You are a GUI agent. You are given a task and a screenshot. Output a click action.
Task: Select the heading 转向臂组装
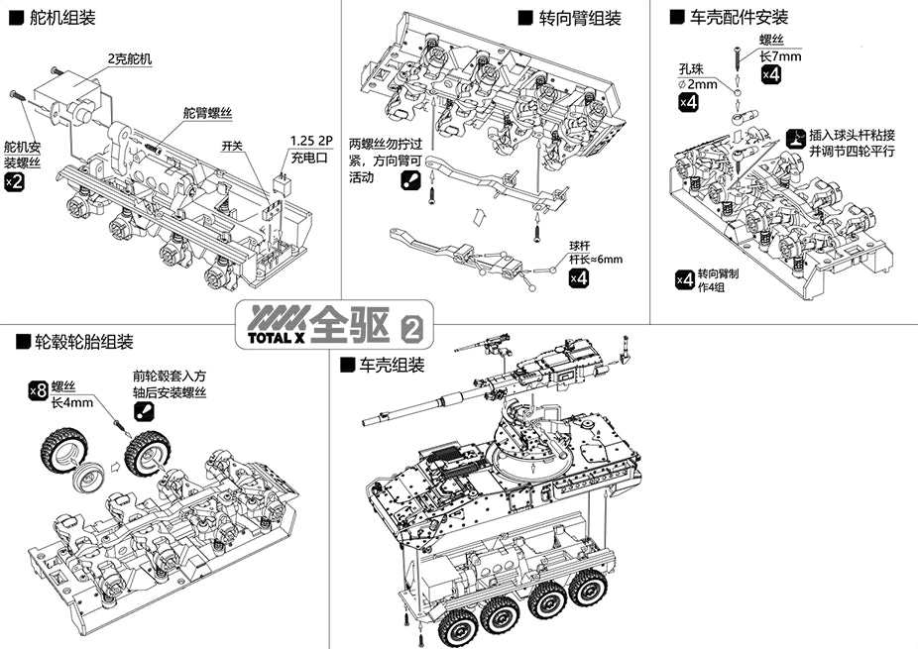pyautogui.click(x=579, y=18)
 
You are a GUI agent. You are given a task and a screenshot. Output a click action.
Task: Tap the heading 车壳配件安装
pyautogui.click(x=738, y=17)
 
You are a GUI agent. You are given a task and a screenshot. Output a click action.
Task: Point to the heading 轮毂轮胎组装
pyautogui.click(x=83, y=342)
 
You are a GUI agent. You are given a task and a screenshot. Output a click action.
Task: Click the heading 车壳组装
pyautogui.click(x=391, y=365)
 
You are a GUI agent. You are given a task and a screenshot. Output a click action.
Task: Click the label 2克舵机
pyautogui.click(x=130, y=58)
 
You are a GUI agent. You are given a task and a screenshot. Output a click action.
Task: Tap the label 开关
pyautogui.click(x=234, y=145)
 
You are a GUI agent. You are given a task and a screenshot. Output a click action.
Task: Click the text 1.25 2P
pyautogui.click(x=313, y=139)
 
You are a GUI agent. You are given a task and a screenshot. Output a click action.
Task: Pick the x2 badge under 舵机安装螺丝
pyautogui.click(x=14, y=181)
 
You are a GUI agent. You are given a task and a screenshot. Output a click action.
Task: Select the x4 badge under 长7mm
pyautogui.click(x=769, y=74)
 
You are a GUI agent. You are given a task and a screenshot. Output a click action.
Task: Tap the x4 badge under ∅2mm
pyautogui.click(x=688, y=101)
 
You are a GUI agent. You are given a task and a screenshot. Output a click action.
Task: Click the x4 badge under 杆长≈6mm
pyautogui.click(x=580, y=278)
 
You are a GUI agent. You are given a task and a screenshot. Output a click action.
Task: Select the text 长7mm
pyautogui.click(x=779, y=55)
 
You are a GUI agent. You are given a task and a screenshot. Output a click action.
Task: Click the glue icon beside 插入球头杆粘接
pyautogui.click(x=794, y=138)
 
